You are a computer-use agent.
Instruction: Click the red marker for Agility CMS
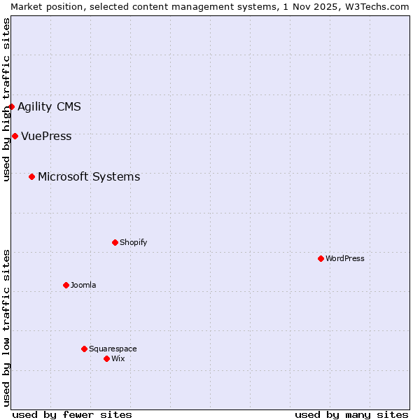coord(12,107)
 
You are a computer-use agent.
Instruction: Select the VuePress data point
coord(15,136)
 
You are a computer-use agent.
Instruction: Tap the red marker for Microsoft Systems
coord(31,176)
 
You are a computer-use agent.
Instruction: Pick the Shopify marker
coord(115,242)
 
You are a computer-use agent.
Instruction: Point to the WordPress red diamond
coord(321,258)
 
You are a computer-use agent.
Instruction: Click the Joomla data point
coord(66,285)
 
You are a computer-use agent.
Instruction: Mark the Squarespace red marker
coord(84,349)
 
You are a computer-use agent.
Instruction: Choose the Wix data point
coord(106,358)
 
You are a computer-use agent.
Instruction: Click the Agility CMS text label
coord(49,107)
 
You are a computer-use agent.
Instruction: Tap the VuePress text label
coord(46,136)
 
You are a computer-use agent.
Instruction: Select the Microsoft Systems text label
coord(89,177)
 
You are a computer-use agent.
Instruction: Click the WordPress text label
coord(345,259)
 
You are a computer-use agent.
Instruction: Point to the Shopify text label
coord(133,243)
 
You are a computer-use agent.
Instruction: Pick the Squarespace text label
coord(113,349)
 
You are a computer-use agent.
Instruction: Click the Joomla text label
coord(83,286)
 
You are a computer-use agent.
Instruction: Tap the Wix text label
coord(118,359)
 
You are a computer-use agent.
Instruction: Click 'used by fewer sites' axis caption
coord(72,414)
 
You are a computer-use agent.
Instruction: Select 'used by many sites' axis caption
coord(351,414)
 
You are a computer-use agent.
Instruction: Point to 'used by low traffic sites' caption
coord(6,328)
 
